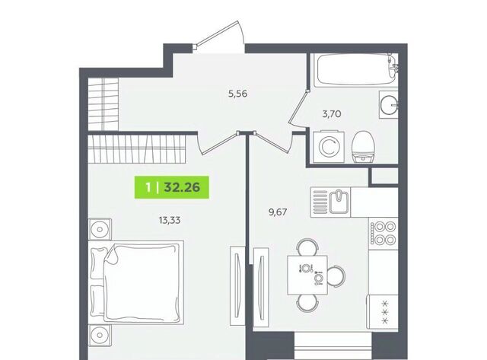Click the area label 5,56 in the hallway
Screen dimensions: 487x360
coord(237,94)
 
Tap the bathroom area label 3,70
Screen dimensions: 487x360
coord(332,114)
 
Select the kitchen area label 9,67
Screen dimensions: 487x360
coord(277,212)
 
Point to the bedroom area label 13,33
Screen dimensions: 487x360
coord(170,221)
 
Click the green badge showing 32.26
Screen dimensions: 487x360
coord(172,187)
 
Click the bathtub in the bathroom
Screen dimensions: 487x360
coord(355,70)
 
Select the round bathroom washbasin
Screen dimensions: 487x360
coord(389,105)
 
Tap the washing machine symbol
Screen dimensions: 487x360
coord(329,147)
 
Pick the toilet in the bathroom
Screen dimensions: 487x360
coord(363,147)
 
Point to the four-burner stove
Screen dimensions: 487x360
coord(384,233)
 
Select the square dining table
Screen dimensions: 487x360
coord(307,275)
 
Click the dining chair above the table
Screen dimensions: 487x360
coord(307,247)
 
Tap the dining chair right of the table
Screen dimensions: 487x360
coord(336,276)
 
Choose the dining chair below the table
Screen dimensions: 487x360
coord(307,303)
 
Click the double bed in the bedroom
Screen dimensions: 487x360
coord(136,282)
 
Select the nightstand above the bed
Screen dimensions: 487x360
coord(100,229)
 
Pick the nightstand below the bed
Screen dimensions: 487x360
coord(100,336)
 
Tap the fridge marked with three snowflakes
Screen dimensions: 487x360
coord(382,312)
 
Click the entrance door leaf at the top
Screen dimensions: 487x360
coord(217,33)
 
